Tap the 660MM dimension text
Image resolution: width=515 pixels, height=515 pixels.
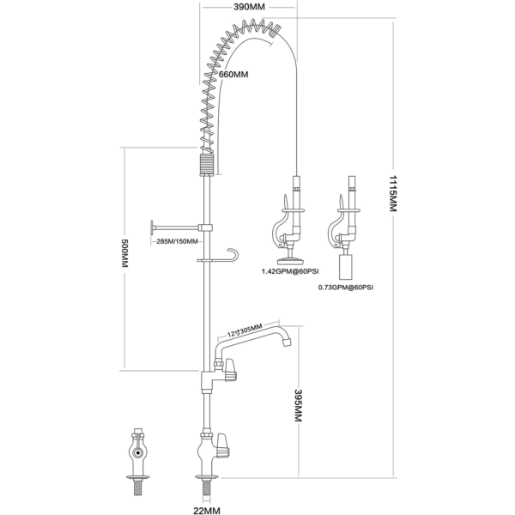tap(234, 76)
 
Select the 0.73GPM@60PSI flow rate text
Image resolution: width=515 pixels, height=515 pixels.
tap(345, 288)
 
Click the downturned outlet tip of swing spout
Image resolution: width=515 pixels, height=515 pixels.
tap(282, 344)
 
